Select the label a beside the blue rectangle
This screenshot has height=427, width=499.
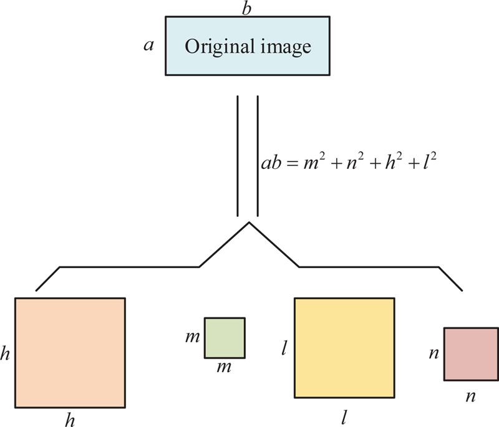(x=148, y=46)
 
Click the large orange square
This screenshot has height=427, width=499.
(x=70, y=352)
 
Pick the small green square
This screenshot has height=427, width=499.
(x=225, y=338)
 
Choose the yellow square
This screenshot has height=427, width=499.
(x=344, y=348)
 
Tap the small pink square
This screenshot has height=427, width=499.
(x=470, y=354)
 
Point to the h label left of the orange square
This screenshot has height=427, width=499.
(x=6, y=353)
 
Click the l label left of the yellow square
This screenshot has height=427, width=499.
(x=284, y=347)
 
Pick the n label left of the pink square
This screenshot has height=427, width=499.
(x=432, y=353)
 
